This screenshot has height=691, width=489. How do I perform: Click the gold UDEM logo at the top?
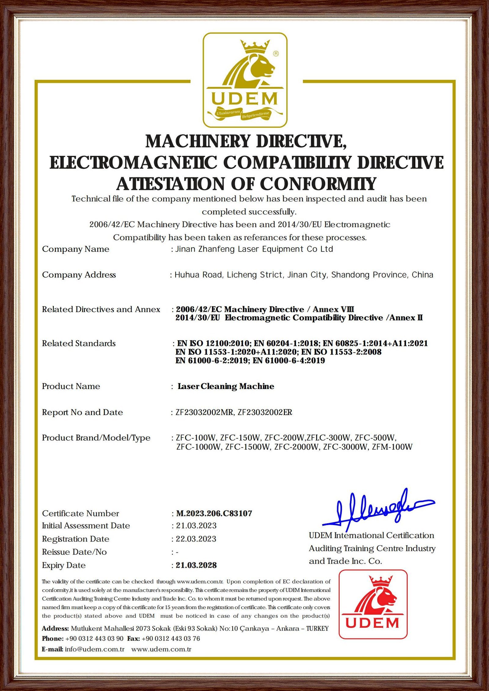(x=245, y=80)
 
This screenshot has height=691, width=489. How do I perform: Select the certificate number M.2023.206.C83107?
(x=214, y=513)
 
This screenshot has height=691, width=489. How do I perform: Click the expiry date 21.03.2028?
(x=196, y=565)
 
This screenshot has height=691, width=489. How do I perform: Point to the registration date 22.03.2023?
(x=196, y=539)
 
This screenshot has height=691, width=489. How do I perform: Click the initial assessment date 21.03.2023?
(x=196, y=526)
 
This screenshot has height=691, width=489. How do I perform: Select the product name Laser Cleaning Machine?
(x=226, y=386)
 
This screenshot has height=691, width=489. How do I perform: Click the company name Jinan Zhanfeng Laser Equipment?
(x=254, y=249)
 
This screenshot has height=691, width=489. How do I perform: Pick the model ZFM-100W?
(x=392, y=447)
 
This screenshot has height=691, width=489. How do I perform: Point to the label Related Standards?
(x=79, y=344)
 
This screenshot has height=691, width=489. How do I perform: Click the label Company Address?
(x=79, y=275)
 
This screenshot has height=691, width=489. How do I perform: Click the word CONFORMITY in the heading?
(x=318, y=184)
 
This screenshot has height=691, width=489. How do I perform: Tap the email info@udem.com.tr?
(x=94, y=649)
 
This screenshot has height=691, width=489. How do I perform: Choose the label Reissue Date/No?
(x=74, y=552)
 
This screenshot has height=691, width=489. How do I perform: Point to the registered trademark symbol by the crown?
(x=276, y=54)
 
